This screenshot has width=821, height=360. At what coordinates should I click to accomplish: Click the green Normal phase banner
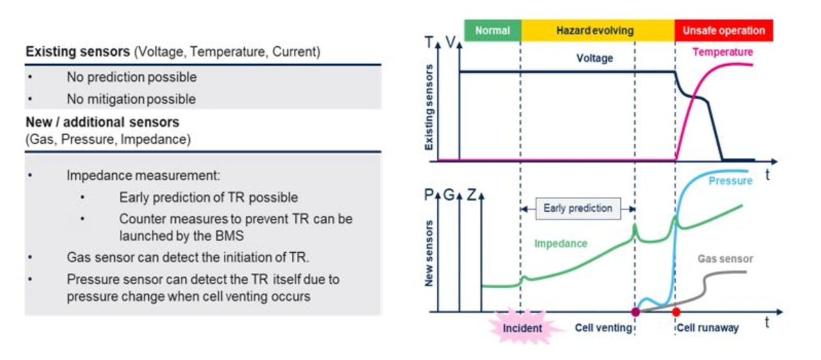(492, 30)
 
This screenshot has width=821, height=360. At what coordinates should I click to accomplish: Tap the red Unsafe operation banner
(724, 30)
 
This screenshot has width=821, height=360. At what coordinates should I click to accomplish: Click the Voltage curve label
(595, 58)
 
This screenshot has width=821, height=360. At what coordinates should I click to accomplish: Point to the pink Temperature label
(723, 52)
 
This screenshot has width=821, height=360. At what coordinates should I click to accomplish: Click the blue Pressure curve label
(730, 181)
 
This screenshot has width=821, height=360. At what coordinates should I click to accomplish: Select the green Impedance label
(561, 244)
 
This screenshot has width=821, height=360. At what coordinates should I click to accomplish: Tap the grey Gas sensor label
(725, 259)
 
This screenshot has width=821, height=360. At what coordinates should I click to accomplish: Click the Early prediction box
(577, 209)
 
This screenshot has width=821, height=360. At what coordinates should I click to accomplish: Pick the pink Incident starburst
(521, 328)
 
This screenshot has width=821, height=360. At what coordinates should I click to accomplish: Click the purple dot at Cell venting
(636, 312)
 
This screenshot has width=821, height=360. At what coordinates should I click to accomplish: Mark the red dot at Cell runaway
(675, 312)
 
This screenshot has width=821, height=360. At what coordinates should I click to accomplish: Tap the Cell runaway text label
(708, 328)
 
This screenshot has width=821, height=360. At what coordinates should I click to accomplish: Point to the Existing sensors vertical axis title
(429, 108)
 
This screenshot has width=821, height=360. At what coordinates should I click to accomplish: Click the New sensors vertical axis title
(429, 253)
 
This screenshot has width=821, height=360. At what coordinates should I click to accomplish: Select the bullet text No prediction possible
(131, 78)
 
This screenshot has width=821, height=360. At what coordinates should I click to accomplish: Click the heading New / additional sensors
(103, 122)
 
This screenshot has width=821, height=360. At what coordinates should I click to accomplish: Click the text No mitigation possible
(131, 99)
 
